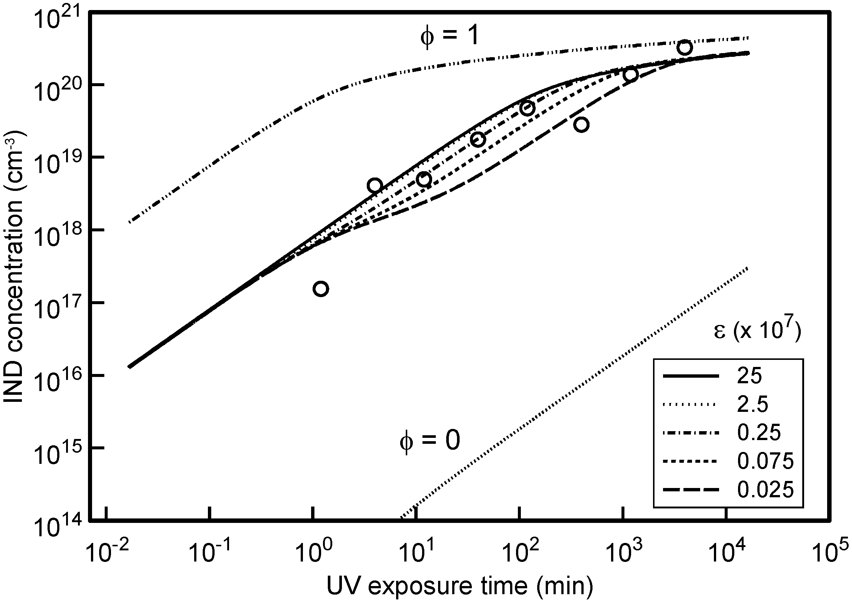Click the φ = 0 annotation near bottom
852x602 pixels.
430,440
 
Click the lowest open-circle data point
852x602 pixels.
321,289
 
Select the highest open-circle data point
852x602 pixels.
684,47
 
